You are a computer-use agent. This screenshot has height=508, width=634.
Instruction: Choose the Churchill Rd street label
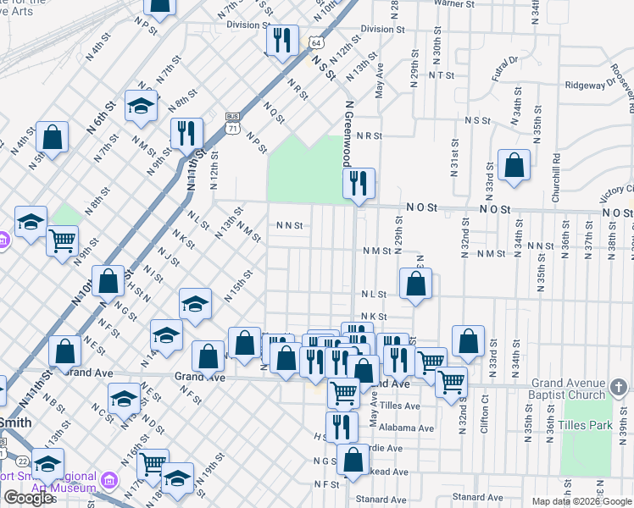pyautogui.click(x=556, y=175)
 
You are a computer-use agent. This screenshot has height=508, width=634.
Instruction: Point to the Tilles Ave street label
pyautogui.click(x=401, y=406)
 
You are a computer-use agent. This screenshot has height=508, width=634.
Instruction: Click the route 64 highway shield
pyautogui.click(x=315, y=42)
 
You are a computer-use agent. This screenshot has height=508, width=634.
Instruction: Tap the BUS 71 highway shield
pyautogui.click(x=232, y=122)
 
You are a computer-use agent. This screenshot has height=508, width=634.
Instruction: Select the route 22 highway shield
pyautogui.click(x=23, y=461)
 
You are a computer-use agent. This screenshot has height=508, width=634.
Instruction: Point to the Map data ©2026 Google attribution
pyautogui.click(x=581, y=501)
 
